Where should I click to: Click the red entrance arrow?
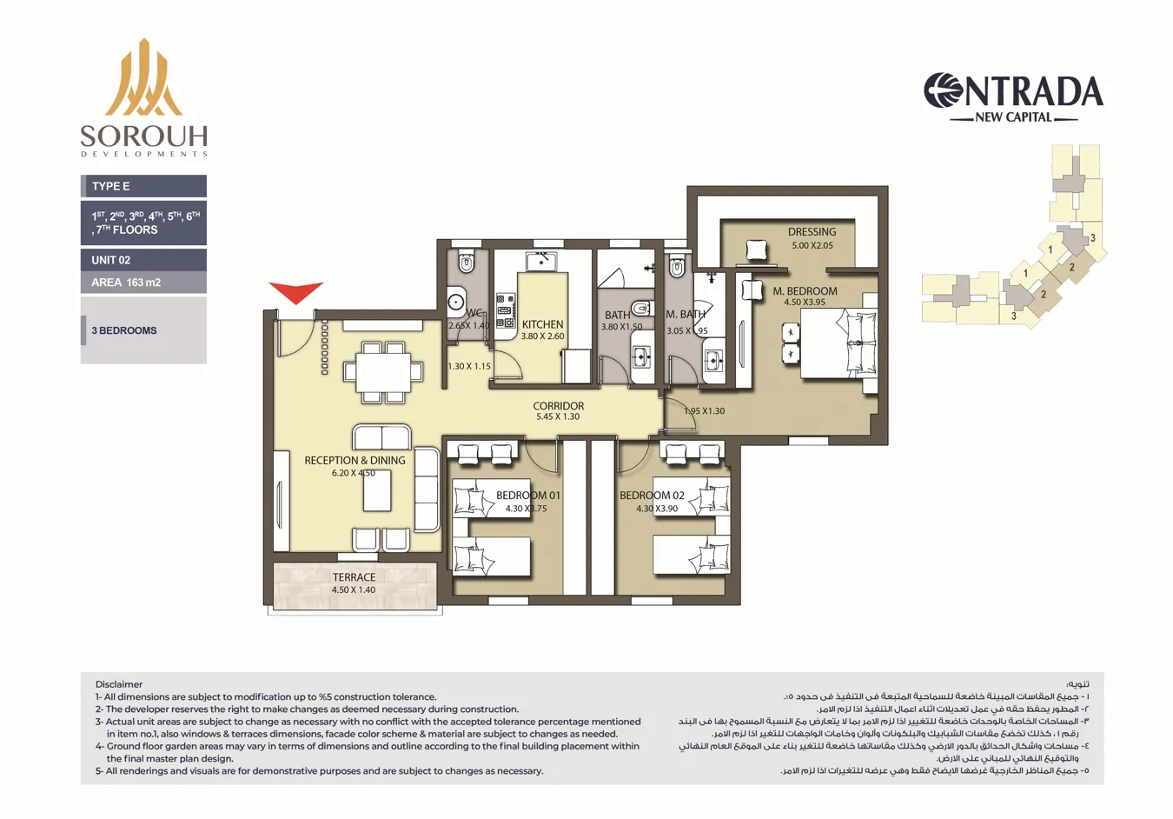tap(295, 292)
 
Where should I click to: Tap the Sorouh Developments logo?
tap(144, 97)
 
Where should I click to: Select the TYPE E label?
tap(111, 186)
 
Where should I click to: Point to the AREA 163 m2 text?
tap(126, 283)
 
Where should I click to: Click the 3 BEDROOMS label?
tap(124, 330)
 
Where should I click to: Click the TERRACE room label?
tap(354, 577)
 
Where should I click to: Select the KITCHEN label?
tap(542, 324)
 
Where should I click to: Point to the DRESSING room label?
tap(812, 232)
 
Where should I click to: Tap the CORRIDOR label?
tap(558, 406)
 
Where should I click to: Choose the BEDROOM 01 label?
tap(527, 496)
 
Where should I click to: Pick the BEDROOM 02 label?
tap(652, 496)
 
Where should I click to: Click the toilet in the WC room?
tap(467, 263)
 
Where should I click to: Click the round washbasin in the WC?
tap(456, 303)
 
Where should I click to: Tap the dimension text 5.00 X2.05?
tap(812, 245)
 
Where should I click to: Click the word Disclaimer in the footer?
tap(119, 684)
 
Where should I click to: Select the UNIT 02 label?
tap(111, 260)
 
